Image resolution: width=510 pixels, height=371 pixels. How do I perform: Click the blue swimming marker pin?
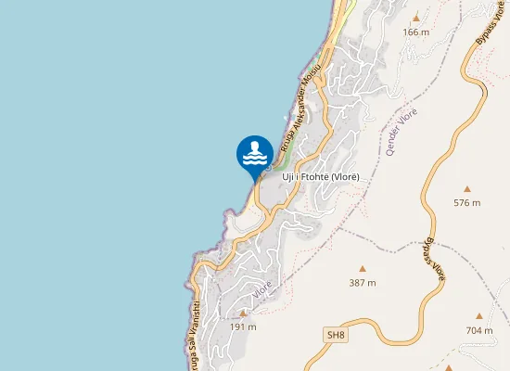255,154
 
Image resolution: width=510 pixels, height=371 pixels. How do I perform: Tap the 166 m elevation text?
415,32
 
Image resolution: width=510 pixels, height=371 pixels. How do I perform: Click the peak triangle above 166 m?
415,18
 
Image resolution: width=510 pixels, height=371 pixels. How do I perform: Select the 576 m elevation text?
466,202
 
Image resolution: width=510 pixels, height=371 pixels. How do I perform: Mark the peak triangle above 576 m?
466,187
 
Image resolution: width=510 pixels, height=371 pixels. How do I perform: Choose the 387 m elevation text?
363,283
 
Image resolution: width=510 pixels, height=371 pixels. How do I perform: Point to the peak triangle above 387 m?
363,268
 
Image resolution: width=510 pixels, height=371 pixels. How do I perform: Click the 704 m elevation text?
479,330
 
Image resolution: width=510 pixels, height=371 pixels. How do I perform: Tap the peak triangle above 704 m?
479,315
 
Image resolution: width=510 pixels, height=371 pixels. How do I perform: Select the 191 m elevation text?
243,327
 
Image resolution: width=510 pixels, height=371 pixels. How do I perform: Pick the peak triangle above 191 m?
243,313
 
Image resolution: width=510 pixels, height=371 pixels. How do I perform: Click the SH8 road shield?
335,334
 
